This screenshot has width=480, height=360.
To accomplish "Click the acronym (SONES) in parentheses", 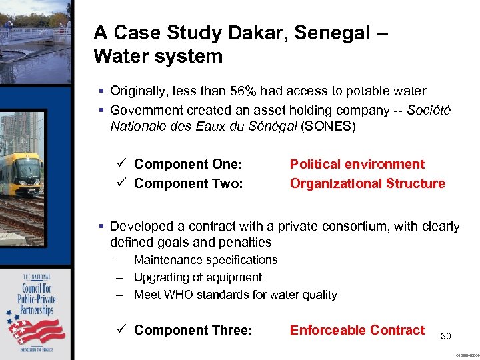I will click(x=329, y=126).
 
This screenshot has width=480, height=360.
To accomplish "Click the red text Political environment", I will click(x=357, y=164).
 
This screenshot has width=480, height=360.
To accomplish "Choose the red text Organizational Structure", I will click(x=367, y=183).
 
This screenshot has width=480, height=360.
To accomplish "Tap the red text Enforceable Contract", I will click(x=357, y=330).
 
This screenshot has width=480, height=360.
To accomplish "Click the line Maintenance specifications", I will click(x=205, y=260).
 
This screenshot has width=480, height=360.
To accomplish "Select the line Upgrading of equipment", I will click(x=197, y=277).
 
